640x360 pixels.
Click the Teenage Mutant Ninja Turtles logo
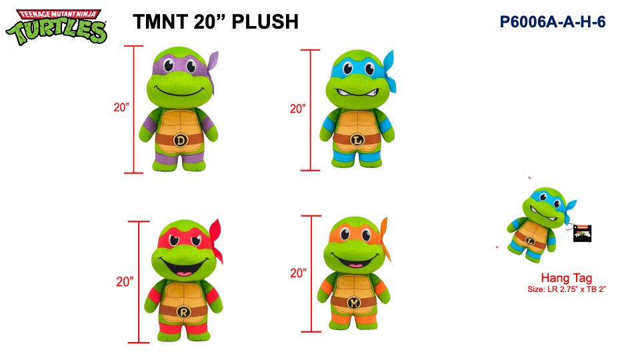coord(56,27)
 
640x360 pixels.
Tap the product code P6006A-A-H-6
coord(553,21)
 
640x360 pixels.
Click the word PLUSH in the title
coord(265,21)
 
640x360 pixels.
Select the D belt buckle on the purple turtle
coord(181,141)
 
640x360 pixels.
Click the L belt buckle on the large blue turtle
coord(357,140)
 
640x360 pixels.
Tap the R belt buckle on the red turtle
coord(184,312)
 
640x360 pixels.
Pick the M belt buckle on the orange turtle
coord(354,303)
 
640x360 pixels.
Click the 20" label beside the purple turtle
coord(121,107)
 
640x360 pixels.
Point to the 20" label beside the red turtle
coord(125,281)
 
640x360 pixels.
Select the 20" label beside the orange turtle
coord(299,273)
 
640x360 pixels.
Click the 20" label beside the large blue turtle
coord(298,109)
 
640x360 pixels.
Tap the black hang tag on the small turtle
coord(582,233)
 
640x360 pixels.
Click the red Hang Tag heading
coord(567,278)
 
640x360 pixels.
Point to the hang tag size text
coord(567,289)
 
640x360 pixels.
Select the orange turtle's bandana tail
coord(385,237)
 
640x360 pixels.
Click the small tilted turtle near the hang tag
coord(538,224)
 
